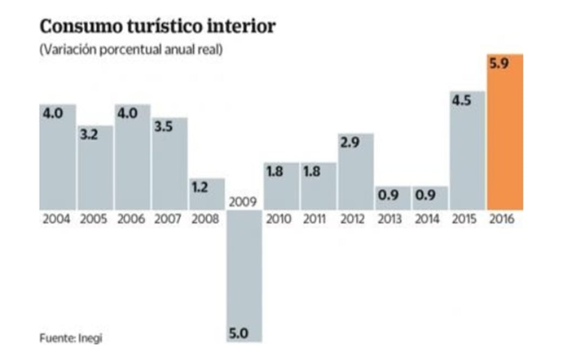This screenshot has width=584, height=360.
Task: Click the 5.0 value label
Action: tap(238, 332)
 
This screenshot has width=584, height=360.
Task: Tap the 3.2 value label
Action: tap(89, 135)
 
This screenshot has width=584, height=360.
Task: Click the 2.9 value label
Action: tap(350, 143)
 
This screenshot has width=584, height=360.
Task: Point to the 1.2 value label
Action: tap(200, 188)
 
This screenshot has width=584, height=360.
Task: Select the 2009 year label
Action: tap(243, 203)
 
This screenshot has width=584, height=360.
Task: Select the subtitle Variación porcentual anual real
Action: tap(131, 49)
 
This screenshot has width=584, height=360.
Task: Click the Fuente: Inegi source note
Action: tap(71, 338)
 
